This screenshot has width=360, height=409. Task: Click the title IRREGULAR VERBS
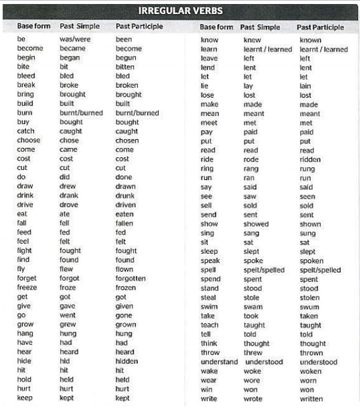click(x=180, y=11)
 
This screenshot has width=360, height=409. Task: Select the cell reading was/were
click(x=75, y=39)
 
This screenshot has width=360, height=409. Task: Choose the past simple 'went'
click(x=68, y=315)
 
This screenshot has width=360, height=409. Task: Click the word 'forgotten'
click(x=130, y=278)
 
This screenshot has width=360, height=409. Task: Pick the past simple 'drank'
click(x=69, y=196)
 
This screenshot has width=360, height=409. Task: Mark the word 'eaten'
click(x=125, y=214)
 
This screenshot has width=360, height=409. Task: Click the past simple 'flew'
click(x=67, y=269)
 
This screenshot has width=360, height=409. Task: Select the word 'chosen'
click(x=127, y=141)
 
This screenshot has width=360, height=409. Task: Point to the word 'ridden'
click(x=310, y=160)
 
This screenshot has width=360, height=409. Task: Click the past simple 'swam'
click(x=253, y=307)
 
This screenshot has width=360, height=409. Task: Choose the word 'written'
click(x=311, y=399)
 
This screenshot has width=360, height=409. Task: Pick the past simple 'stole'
click(x=252, y=298)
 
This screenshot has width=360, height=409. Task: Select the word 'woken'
click(x=310, y=371)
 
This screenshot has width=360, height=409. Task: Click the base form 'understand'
click(x=219, y=362)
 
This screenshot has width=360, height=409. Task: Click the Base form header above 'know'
click(x=217, y=27)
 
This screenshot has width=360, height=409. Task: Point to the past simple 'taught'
click(x=255, y=325)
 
